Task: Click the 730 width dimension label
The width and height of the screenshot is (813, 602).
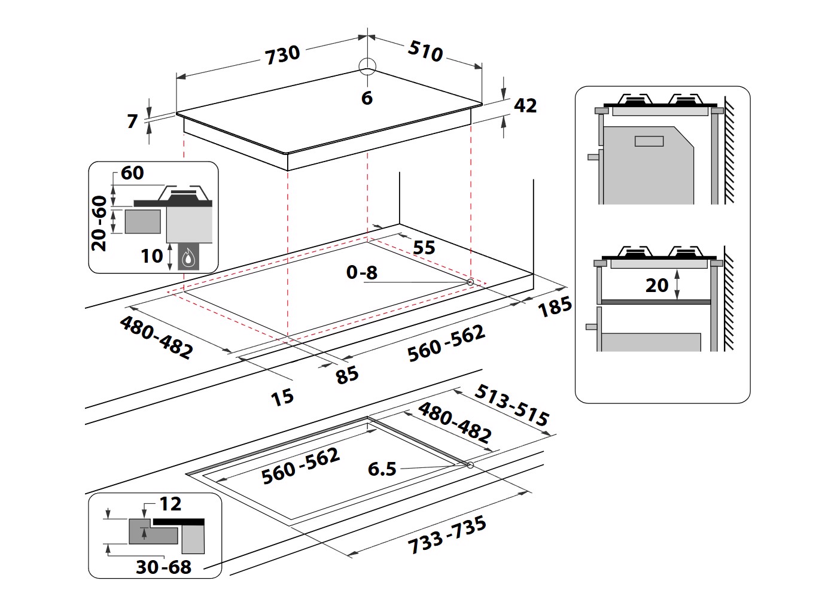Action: pyautogui.click(x=282, y=54)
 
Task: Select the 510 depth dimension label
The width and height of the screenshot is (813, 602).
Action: pyautogui.click(x=425, y=51)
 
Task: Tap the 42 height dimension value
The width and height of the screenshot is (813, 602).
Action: pyautogui.click(x=525, y=106)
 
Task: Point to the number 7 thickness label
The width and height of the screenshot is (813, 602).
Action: pyautogui.click(x=133, y=121)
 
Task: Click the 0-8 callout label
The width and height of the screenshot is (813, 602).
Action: pyautogui.click(x=362, y=272)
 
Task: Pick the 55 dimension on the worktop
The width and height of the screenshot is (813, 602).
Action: pyautogui.click(x=424, y=247)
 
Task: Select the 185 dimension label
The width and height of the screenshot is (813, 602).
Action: pyautogui.click(x=555, y=307)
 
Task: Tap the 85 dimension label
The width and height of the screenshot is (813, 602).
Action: pyautogui.click(x=347, y=375)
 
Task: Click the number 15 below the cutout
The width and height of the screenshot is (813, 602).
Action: pyautogui.click(x=282, y=397)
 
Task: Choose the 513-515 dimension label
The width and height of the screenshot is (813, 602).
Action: pyautogui.click(x=511, y=405)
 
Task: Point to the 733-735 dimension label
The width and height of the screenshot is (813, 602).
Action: pyautogui.click(x=447, y=535)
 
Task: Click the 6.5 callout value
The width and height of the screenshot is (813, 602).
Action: pyautogui.click(x=382, y=469)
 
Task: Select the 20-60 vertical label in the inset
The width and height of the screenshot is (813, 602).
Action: pyautogui.click(x=99, y=223)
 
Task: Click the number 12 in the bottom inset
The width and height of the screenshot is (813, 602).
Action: pyautogui.click(x=170, y=504)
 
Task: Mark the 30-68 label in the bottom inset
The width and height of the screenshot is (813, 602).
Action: pyautogui.click(x=163, y=567)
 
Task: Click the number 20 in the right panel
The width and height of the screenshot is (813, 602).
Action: pyautogui.click(x=657, y=285)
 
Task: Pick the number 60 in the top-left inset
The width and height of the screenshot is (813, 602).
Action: pyautogui.click(x=132, y=173)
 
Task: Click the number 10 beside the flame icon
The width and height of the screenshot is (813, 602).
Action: pyautogui.click(x=152, y=256)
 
